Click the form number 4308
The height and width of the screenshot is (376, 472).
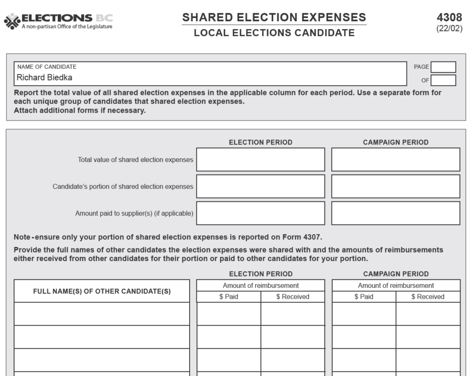tap(449, 18)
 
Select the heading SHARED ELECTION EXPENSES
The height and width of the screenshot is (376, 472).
tap(274, 18)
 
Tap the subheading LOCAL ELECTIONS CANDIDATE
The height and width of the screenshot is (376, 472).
tap(274, 33)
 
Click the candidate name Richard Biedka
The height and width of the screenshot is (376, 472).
tap(44, 78)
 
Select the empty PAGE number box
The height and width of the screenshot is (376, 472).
tap(443, 67)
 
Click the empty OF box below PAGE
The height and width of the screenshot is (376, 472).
tap(443, 80)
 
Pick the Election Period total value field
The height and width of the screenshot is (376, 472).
tap(260, 159)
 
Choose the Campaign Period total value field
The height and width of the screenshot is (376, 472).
tap(395, 159)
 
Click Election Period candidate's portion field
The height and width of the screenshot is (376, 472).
tap(260, 186)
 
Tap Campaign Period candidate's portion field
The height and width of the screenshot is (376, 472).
tap(395, 186)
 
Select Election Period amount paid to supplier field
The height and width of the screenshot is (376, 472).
tap(260, 213)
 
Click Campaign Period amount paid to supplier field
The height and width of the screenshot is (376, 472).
tap(395, 213)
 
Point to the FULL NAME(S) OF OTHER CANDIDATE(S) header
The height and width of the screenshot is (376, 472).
tap(102, 291)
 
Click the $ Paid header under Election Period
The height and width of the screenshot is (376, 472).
tap(228, 297)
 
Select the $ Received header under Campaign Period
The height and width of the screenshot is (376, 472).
tap(428, 297)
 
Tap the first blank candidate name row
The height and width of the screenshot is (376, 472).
tap(102, 314)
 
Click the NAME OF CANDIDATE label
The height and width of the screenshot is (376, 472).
tap(47, 67)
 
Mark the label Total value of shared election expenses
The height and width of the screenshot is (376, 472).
tap(135, 160)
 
